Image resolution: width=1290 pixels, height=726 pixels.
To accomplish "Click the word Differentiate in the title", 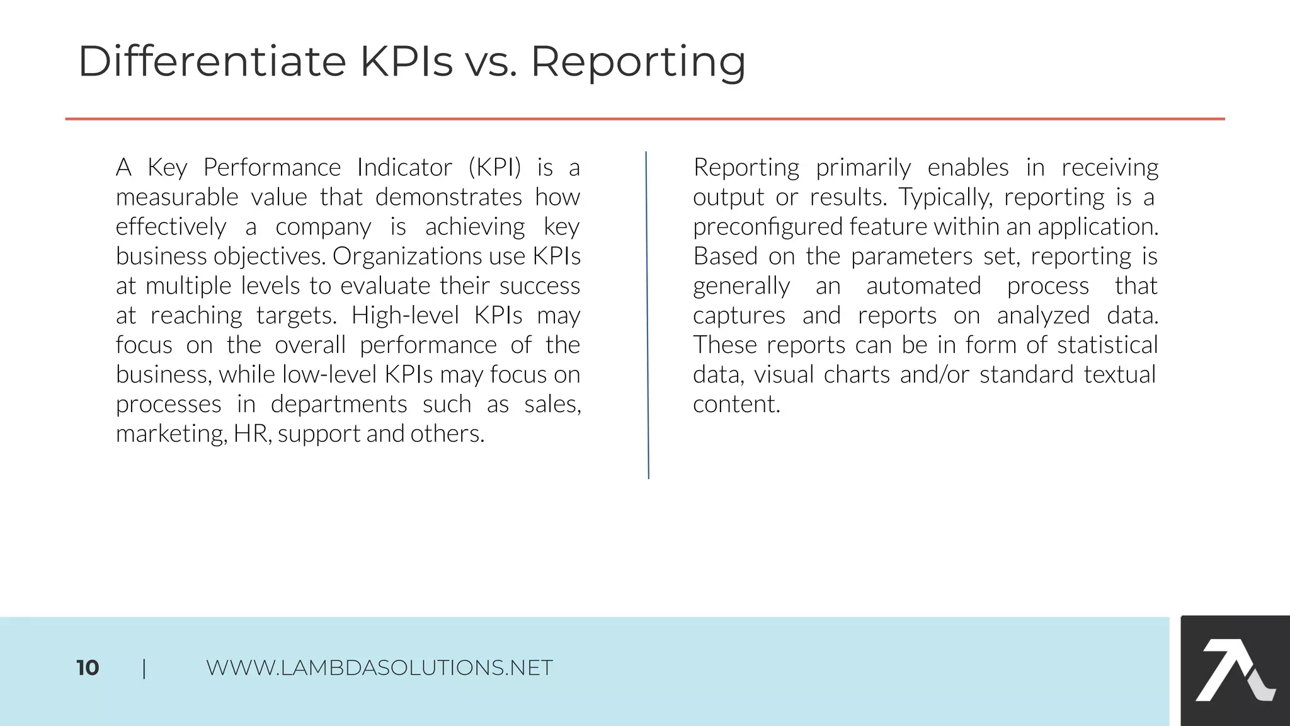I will [212, 62].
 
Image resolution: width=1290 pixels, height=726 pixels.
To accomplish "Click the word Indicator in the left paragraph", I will [404, 168].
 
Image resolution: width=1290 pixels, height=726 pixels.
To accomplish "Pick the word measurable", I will [177, 197].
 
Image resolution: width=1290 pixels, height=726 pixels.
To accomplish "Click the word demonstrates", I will [448, 197].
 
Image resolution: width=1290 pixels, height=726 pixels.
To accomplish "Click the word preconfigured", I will [767, 227].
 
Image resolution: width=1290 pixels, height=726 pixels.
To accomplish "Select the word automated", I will [923, 286].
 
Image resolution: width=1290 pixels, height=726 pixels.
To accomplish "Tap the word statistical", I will [1107, 345].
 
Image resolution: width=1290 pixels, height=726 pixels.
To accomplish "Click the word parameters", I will [911, 256].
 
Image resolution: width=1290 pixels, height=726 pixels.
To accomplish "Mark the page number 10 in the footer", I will [88, 668].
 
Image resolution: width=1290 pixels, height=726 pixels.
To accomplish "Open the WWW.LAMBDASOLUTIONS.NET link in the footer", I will [379, 668].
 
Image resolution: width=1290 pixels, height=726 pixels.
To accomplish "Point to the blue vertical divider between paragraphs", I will [648, 315].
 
